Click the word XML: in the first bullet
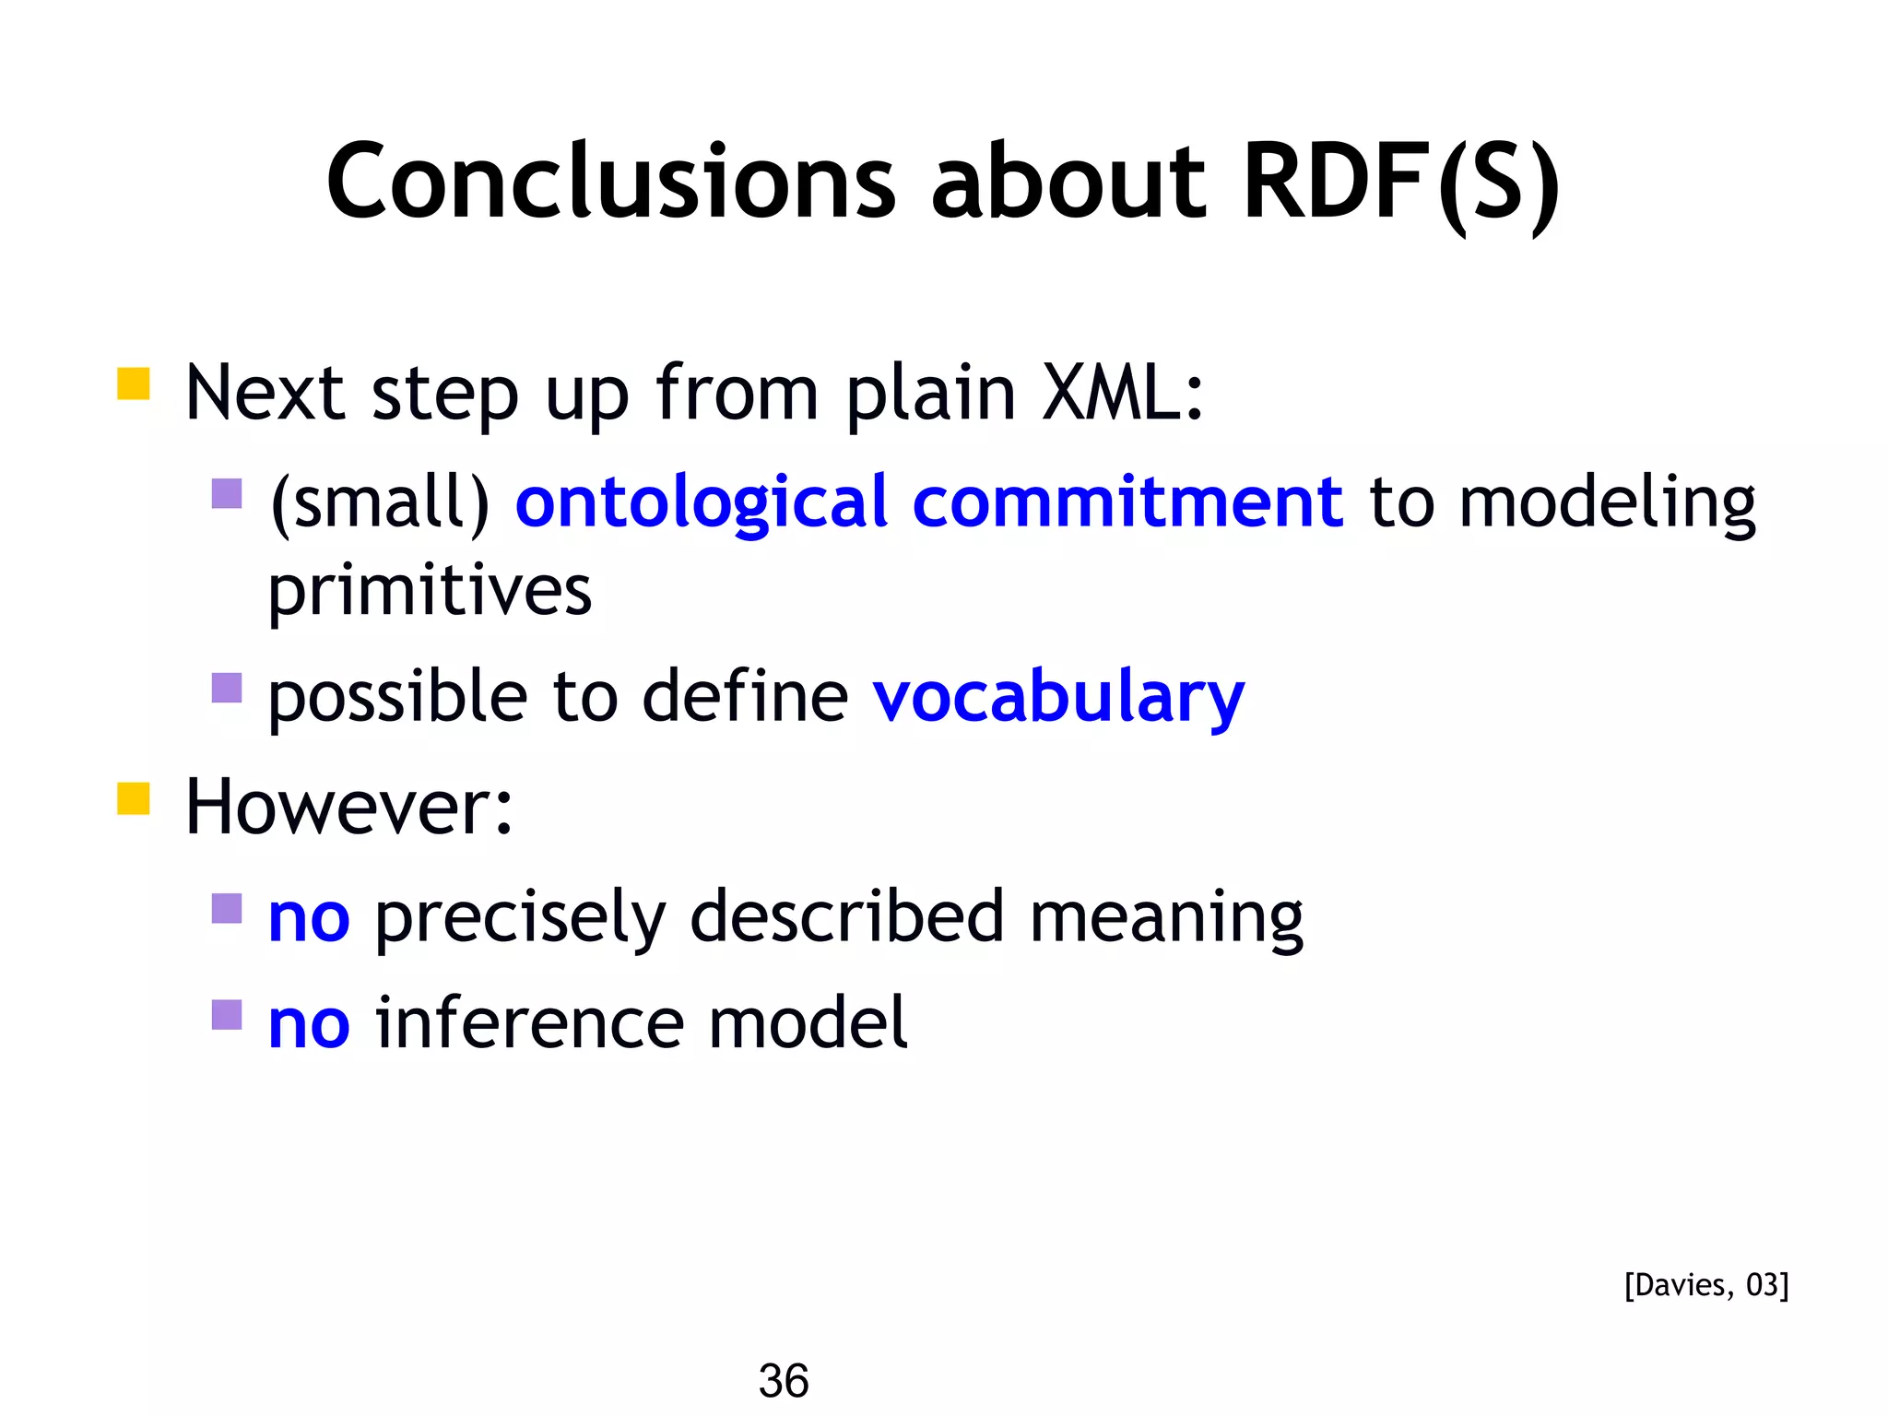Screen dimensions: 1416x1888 click(1122, 394)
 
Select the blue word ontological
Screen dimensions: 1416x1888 click(701, 503)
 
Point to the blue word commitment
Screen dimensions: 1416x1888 click(1127, 503)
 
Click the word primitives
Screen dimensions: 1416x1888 click(430, 591)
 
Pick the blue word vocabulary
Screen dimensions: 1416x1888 click(1058, 698)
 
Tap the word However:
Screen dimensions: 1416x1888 click(348, 808)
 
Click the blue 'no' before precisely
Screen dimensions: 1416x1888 click(309, 919)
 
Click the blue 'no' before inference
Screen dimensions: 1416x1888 click(309, 1025)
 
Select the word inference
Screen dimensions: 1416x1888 click(529, 1025)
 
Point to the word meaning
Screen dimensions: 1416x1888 click(1166, 919)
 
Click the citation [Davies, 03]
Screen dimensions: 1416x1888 click(1705, 1285)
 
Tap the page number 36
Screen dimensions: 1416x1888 click(784, 1381)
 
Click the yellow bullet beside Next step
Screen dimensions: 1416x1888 click(134, 383)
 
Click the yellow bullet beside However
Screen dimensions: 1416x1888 click(134, 798)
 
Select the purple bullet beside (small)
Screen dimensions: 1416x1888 click(227, 493)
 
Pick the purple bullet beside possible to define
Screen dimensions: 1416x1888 click(227, 688)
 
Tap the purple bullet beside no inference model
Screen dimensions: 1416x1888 click(227, 1015)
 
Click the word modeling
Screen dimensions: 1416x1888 click(1607, 503)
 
